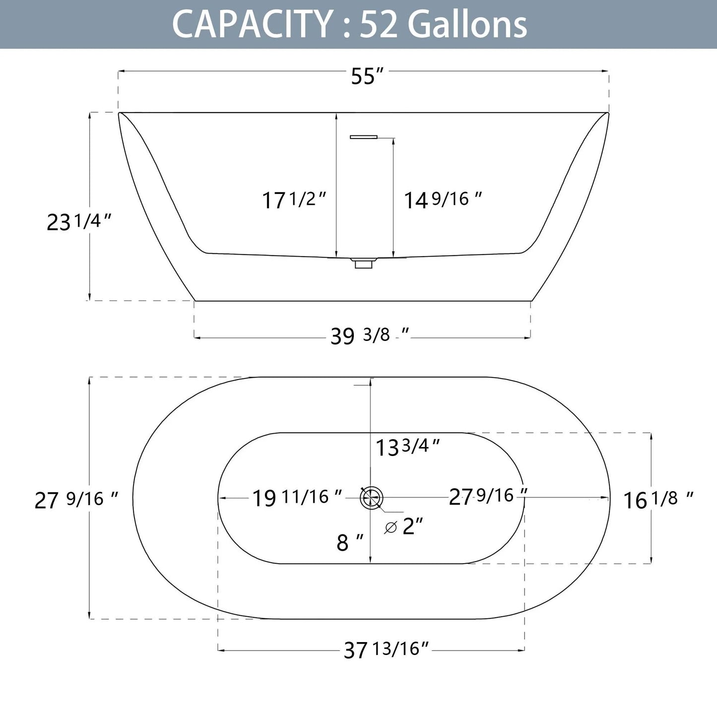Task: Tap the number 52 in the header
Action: [x=380, y=24]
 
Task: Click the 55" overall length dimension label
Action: [x=367, y=76]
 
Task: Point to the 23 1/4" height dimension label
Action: [x=78, y=222]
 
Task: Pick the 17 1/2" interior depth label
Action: [x=294, y=200]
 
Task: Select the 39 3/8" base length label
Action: [x=370, y=336]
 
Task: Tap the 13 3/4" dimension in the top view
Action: [x=407, y=448]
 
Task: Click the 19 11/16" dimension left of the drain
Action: [x=297, y=497]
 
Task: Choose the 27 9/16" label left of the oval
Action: [x=76, y=500]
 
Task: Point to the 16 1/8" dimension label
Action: [x=658, y=500]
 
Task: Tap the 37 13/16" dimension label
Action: [x=386, y=649]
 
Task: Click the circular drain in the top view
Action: [x=371, y=498]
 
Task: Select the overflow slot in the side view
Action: [x=364, y=137]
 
